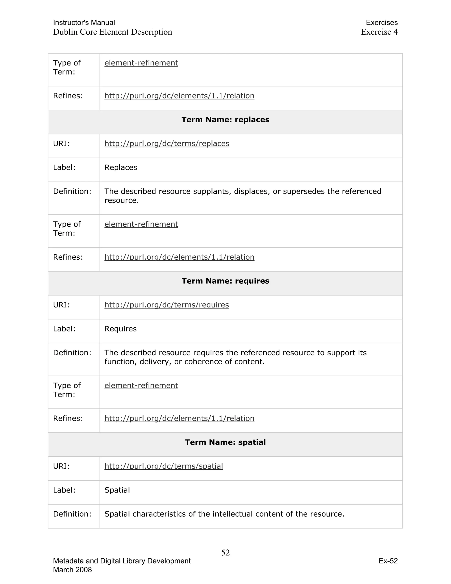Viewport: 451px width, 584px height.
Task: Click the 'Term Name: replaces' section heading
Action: tap(225, 119)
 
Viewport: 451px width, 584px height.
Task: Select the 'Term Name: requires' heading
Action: tap(225, 281)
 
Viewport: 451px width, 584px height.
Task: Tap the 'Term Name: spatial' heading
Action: tap(225, 442)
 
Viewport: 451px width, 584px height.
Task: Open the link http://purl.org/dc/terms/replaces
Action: tap(167, 144)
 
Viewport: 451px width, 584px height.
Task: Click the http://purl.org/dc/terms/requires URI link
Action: tap(166, 305)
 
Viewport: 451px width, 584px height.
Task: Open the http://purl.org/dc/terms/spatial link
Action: tap(164, 466)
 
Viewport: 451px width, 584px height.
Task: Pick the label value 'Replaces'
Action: tap(120, 167)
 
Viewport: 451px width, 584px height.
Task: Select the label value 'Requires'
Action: tap(120, 329)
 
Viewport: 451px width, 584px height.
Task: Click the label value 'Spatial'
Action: tap(117, 490)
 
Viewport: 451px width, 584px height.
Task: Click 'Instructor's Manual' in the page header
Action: tap(84, 22)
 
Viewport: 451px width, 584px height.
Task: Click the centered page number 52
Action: tap(225, 552)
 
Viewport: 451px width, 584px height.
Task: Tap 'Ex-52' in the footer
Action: tap(388, 561)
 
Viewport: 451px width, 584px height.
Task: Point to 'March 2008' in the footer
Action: tap(72, 569)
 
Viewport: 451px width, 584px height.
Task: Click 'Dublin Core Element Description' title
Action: tap(113, 32)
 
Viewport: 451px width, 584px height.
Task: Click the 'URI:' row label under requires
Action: tap(61, 305)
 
